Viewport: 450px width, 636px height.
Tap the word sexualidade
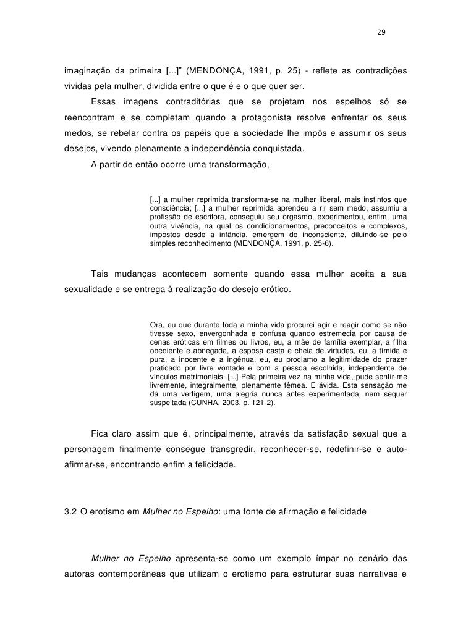point(88,289)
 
